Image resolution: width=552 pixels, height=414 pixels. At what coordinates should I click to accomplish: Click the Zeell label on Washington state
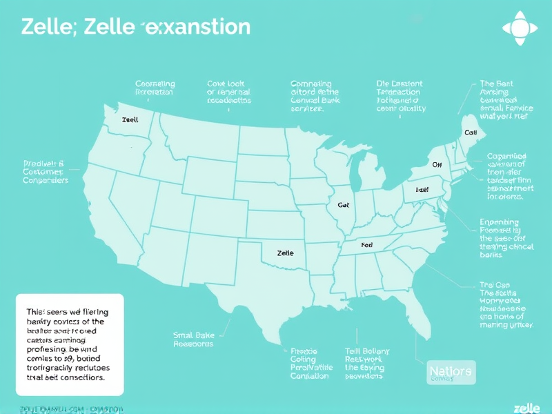[x=130, y=119]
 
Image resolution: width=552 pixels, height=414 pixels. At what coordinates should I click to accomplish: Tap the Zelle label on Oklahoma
[x=285, y=253]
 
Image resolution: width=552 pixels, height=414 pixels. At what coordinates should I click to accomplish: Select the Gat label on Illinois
[x=344, y=205]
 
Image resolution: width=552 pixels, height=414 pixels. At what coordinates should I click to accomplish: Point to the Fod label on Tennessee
[x=366, y=245]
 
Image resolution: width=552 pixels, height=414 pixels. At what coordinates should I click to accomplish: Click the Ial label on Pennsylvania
[x=422, y=189]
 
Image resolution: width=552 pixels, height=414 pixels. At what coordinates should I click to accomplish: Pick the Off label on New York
[x=437, y=165]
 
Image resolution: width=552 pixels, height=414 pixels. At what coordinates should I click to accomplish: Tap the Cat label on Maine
[x=471, y=132]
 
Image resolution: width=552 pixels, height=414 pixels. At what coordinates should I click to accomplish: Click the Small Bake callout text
[x=193, y=339]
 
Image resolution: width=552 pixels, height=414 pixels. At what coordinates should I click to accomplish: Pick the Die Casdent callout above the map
[x=401, y=96]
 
